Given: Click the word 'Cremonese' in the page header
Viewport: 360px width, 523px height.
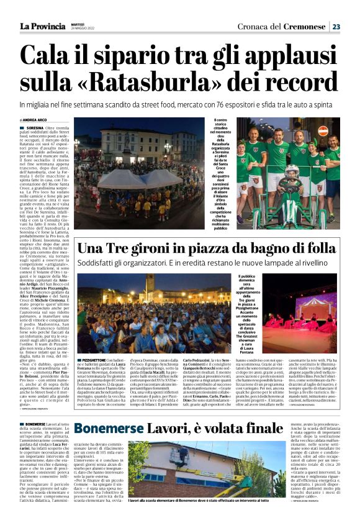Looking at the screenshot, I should point(304,26).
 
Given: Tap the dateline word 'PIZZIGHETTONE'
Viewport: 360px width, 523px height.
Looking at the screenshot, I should point(91,342).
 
